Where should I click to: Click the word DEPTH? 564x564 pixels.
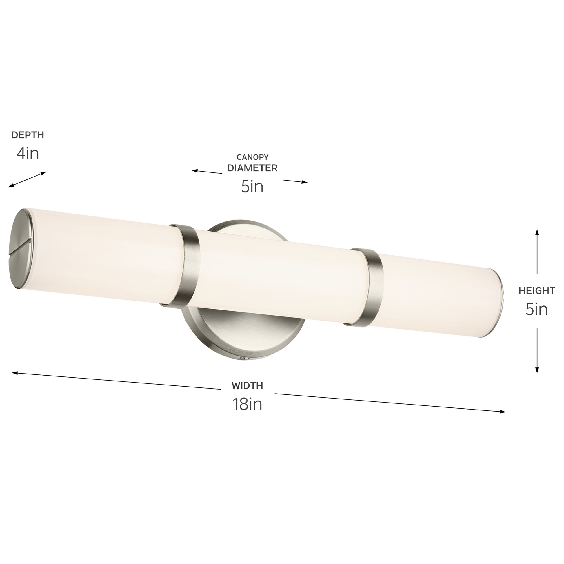28,135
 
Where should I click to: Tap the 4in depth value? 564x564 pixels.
28,154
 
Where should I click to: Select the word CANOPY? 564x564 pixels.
252,157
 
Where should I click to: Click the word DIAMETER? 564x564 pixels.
252,168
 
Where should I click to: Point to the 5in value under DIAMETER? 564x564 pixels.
252,187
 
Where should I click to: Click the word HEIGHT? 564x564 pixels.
536,291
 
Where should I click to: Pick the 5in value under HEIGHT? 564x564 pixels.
536,309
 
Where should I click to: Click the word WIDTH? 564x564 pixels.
247,386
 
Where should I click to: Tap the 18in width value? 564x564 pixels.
247,404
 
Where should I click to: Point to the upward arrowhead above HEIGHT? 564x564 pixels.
536,232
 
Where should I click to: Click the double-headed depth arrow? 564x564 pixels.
28,179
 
